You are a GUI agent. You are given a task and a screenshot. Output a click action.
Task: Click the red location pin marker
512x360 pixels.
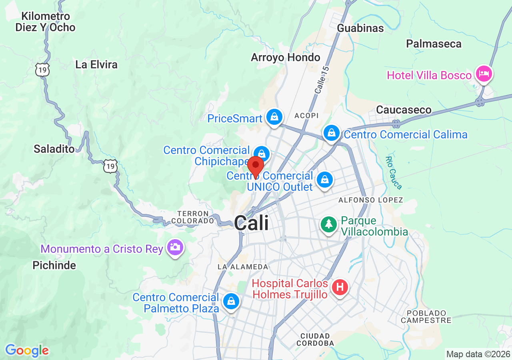point(255,166)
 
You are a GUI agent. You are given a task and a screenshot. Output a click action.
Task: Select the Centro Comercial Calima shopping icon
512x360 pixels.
point(332,134)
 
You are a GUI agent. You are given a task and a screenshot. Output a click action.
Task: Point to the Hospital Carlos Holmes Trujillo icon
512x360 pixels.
point(340,287)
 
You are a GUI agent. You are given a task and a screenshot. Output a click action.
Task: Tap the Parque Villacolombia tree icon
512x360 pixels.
point(329,224)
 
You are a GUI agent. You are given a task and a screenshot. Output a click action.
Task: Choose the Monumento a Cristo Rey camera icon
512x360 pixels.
point(175,247)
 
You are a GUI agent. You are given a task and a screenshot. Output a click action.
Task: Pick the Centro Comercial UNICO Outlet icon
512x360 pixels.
point(325,180)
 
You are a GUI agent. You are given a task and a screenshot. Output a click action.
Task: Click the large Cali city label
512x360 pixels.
point(252,223)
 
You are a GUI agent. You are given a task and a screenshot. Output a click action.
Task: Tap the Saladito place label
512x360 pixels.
point(54,149)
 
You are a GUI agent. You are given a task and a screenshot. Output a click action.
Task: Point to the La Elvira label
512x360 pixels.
point(96,64)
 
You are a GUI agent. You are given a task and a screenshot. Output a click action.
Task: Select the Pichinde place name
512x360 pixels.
point(54,265)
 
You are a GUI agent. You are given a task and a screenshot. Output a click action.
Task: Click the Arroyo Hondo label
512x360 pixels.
point(286,57)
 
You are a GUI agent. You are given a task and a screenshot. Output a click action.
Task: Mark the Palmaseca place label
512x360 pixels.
point(434,44)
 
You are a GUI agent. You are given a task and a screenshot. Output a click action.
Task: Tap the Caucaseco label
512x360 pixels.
point(404,110)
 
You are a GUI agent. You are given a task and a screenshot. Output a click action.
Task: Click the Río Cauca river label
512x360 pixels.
point(393,172)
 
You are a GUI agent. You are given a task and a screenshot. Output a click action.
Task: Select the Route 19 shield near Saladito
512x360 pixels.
point(110,166)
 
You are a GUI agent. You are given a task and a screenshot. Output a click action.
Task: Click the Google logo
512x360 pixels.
point(27,351)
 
